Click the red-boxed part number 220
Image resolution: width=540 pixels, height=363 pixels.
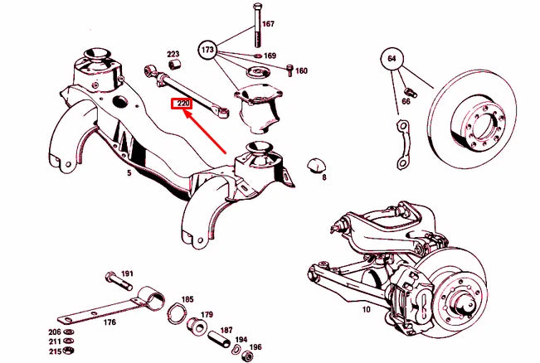coord(182,104)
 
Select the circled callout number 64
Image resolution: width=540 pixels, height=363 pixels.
coord(391,60)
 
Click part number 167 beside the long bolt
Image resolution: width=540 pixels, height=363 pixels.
coord(268,24)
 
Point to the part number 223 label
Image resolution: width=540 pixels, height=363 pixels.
coord(173,54)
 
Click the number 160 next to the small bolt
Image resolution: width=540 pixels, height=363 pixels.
coord(301,70)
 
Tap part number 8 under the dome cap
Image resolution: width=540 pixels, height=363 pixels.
coord(324,177)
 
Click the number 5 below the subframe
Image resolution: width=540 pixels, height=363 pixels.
coord(129,175)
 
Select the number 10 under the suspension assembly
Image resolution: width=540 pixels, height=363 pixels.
coord(365,310)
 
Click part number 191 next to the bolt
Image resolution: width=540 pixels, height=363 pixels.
coord(127,273)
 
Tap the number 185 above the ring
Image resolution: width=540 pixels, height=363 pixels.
coord(187,299)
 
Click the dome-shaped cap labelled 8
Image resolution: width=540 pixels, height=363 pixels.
coord(316,163)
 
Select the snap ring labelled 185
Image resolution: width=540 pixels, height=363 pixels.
coord(177,314)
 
